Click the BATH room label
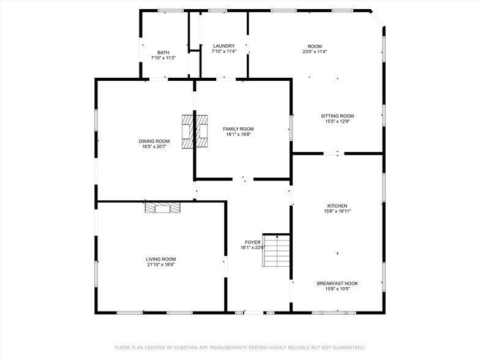point(163,53)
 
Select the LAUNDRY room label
point(223,47)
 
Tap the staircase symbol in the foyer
point(277,250)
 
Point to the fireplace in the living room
point(163,208)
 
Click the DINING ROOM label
point(154,141)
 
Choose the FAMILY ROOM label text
point(238,129)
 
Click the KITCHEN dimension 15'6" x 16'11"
point(337,211)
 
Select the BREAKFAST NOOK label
point(337,283)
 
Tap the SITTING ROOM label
point(337,116)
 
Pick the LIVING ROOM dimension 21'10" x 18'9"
point(160,265)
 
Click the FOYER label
point(253,242)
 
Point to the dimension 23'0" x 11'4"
point(315,52)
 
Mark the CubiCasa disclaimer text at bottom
point(240,347)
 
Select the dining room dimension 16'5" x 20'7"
point(154,147)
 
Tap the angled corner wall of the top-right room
point(377,18)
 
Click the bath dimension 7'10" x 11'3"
point(163,58)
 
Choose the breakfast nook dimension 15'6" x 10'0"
point(337,289)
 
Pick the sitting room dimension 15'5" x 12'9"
point(337,121)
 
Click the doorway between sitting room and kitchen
point(331,154)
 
